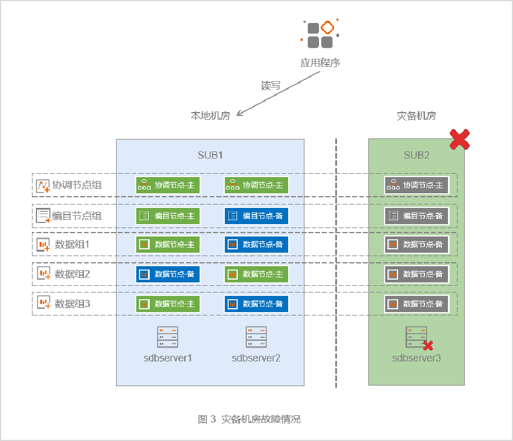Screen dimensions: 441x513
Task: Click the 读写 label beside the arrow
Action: pyautogui.click(x=271, y=86)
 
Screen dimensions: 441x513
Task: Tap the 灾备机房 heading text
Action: pyautogui.click(x=416, y=116)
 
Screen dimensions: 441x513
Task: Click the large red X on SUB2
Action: pyautogui.click(x=460, y=139)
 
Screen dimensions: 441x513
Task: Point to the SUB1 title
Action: pyautogui.click(x=210, y=155)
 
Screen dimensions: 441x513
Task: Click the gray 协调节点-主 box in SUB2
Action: pyautogui.click(x=417, y=185)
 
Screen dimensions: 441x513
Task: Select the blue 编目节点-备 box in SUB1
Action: pyautogui.click(x=257, y=216)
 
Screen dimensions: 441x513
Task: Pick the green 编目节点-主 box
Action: pyautogui.click(x=168, y=216)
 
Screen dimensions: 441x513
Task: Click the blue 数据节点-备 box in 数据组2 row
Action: pyautogui.click(x=168, y=274)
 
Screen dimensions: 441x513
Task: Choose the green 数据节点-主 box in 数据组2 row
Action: pyautogui.click(x=257, y=274)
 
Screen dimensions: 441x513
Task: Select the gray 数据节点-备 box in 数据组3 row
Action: pyautogui.click(x=417, y=304)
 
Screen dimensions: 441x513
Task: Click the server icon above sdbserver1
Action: pyautogui.click(x=168, y=337)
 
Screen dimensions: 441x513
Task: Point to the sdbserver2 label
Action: pyautogui.click(x=256, y=358)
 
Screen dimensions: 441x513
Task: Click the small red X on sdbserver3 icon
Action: pyautogui.click(x=429, y=345)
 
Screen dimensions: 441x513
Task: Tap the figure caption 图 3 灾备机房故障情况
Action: pyautogui.click(x=249, y=419)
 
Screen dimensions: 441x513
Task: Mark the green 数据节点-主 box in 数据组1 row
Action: pyautogui.click(x=168, y=244)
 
